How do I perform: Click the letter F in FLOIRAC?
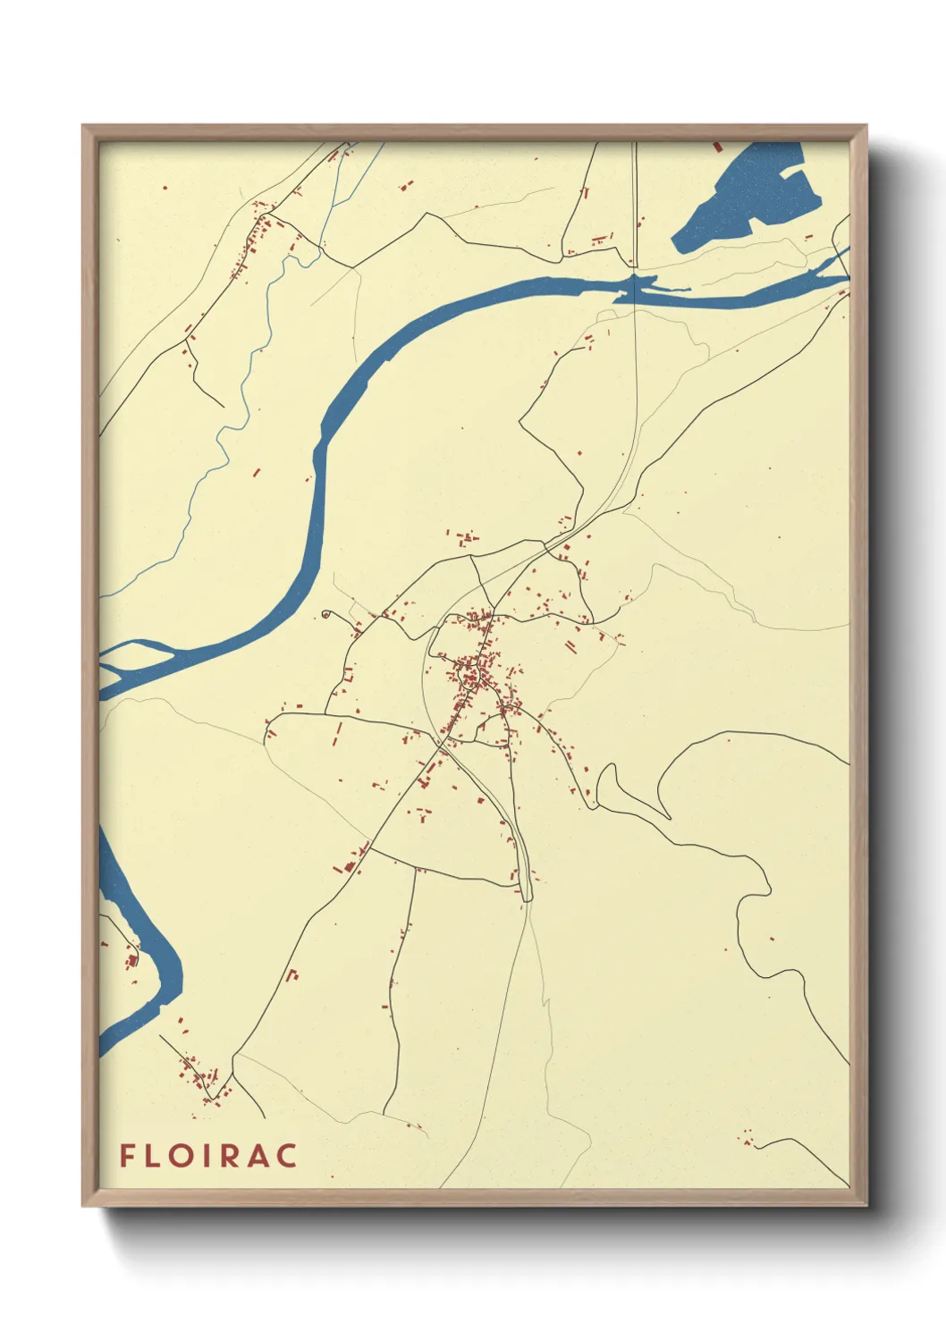[x=127, y=1155]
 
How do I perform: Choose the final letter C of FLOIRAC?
[x=286, y=1155]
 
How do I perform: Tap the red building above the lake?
[x=716, y=146]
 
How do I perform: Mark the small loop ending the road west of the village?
[x=325, y=614]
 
